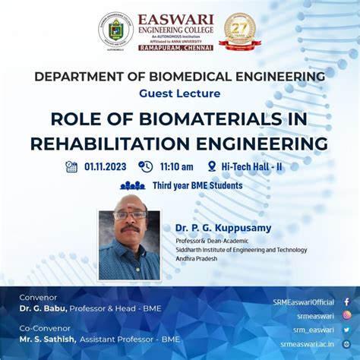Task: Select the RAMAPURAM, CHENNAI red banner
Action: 175,47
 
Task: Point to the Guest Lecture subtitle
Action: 180,93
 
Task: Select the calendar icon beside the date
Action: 71,166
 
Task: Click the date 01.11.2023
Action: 106,167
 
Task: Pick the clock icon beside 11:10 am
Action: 145,166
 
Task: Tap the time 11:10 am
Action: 176,167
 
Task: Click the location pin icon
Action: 211,166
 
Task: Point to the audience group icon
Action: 133,185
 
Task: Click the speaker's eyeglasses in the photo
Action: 130,216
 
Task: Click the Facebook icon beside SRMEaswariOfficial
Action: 346,302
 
